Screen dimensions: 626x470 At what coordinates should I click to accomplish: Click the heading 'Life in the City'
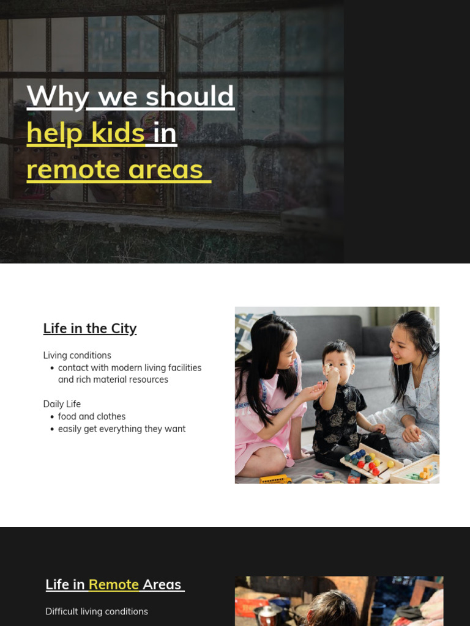90,328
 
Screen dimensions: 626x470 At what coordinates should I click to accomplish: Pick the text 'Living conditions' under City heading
77,355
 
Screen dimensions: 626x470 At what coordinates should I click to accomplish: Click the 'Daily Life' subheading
62,404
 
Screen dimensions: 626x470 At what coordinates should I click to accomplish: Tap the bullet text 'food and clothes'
92,416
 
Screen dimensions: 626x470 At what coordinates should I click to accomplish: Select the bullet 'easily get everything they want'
122,429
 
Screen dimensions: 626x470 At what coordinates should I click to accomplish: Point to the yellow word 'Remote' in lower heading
114,584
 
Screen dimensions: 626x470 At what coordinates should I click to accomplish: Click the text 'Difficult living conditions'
97,611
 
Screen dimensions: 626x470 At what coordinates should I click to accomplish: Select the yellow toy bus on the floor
275,479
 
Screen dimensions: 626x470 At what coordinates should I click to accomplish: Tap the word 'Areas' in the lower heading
162,584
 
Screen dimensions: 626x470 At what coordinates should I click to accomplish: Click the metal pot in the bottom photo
267,614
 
